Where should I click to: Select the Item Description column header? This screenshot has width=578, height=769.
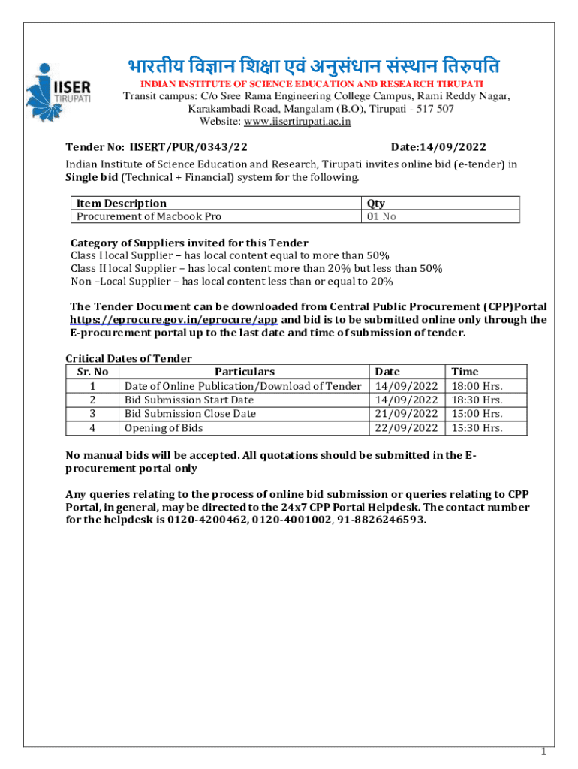coord(122,203)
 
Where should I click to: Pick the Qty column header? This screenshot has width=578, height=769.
coord(376,203)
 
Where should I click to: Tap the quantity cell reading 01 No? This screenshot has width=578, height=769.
coord(381,216)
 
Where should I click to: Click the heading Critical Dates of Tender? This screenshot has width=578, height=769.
coord(128,358)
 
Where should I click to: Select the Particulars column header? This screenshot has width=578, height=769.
coord(245,371)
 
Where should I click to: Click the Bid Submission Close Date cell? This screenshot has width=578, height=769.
coord(190,414)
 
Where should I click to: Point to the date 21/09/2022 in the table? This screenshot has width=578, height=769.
coord(406,414)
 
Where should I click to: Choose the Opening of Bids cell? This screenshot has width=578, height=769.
coord(164,428)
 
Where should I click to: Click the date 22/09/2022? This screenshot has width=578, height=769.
coord(406,428)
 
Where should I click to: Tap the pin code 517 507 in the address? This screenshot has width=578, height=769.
coord(433,109)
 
